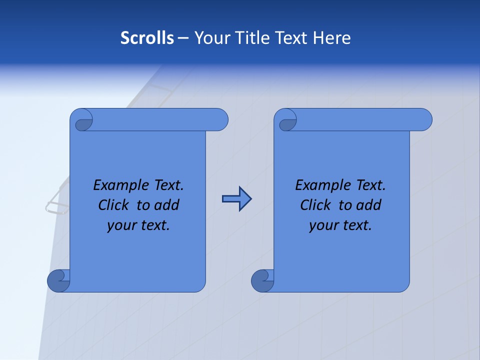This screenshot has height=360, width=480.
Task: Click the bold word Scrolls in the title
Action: tap(147, 38)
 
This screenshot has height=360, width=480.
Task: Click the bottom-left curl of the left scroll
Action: tap(58, 280)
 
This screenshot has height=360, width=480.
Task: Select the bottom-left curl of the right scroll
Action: tap(262, 280)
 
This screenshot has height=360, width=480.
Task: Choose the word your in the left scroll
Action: tap(120, 225)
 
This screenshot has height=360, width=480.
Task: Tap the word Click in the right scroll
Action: tap(315, 205)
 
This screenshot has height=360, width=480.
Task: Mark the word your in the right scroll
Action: tap(322, 225)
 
